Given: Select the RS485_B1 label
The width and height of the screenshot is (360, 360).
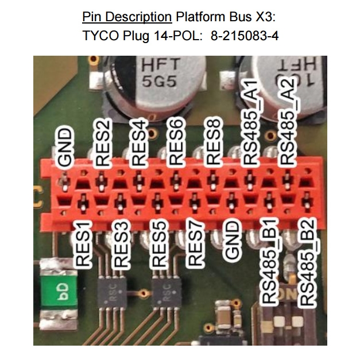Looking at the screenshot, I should coord(270,261).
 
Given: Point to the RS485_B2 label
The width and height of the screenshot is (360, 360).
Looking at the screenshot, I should coord(308,261).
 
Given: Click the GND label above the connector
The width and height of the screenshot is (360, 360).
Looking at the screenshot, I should coord(67,148).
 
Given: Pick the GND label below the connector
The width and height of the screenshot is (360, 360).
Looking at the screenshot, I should coord(232,246).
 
